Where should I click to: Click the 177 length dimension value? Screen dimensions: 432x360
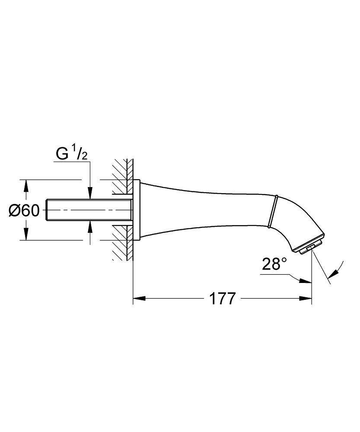coord(222,299)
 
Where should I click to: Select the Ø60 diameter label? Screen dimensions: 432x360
coord(24,210)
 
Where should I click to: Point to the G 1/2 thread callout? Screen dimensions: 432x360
coord(72,154)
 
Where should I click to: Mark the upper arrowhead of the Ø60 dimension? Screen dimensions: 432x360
coord(26,185)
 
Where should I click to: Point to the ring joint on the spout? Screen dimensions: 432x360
coord(273,211)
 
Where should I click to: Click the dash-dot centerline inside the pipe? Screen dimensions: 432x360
coord(86,210)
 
